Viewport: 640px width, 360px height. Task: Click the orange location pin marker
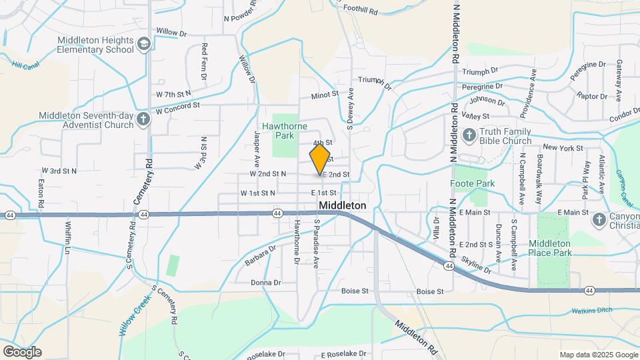[x=320, y=160]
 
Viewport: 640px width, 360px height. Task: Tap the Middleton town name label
[x=342, y=205]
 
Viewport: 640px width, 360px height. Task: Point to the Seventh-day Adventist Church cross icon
[x=143, y=120]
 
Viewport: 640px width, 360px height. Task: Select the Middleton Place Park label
[x=550, y=248]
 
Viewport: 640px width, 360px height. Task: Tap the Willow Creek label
[x=136, y=314]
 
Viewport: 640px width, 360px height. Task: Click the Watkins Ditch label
[x=592, y=311]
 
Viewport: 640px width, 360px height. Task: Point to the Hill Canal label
[x=26, y=65]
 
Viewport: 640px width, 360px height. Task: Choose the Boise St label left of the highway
[x=355, y=291]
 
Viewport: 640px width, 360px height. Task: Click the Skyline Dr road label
[x=476, y=266]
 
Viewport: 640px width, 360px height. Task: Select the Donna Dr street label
[x=265, y=283]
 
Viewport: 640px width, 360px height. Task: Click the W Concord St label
[x=178, y=106]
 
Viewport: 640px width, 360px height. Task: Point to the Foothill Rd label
[x=361, y=10]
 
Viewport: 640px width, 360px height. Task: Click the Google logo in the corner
[x=22, y=352]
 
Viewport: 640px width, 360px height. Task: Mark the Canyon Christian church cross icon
[x=599, y=219]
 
